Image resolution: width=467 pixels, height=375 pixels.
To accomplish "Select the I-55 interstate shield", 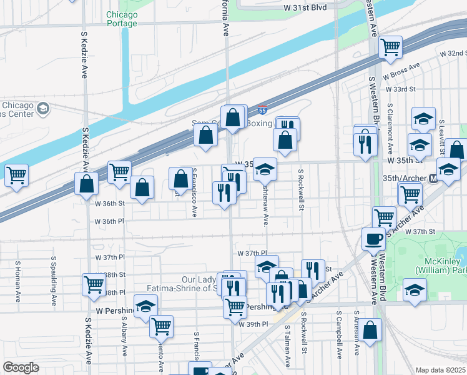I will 263,111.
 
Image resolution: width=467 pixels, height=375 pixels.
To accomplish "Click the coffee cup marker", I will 374,239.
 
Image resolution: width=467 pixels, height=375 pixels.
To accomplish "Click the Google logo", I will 21,367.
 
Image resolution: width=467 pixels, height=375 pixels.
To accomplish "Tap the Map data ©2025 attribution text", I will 441,370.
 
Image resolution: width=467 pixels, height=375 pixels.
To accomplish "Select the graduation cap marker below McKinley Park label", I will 415,290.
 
